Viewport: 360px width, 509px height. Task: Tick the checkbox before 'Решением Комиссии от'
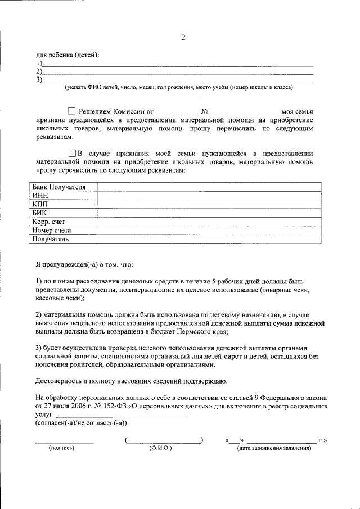click(x=71, y=111)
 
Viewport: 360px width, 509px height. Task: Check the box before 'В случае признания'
click(x=71, y=153)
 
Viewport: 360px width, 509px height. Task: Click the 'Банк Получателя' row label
click(x=58, y=187)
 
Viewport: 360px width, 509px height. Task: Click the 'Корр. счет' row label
click(x=49, y=222)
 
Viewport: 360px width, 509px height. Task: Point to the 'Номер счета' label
click(x=51, y=230)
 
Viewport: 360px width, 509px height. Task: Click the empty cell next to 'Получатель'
click(x=209, y=239)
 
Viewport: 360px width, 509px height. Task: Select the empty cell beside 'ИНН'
click(x=209, y=195)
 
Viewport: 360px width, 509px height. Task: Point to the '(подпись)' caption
click(x=62, y=448)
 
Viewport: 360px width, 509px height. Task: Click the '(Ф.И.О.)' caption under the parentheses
click(x=160, y=448)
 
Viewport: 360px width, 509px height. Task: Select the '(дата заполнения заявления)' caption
click(x=273, y=448)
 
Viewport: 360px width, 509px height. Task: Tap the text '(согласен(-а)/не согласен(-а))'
click(x=81, y=422)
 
